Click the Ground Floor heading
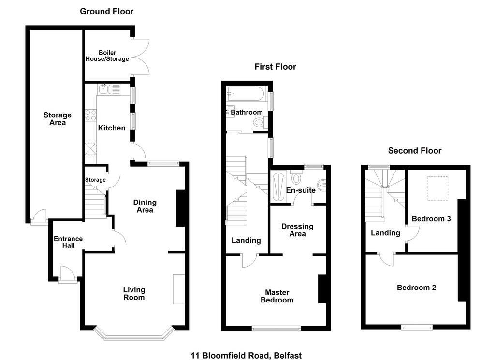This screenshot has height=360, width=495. (106, 12)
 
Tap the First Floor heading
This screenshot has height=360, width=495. (275, 67)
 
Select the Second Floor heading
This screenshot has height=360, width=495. (414, 150)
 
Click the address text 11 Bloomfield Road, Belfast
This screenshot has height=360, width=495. (246, 355)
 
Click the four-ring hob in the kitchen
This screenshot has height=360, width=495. (90, 115)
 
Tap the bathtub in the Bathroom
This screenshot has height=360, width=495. (246, 94)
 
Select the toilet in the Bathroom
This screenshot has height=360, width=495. (260, 122)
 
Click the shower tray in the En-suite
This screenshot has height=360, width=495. (279, 187)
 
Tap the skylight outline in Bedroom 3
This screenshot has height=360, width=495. (437, 188)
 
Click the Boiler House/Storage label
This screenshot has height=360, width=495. (107, 56)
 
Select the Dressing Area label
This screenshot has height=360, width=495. (297, 230)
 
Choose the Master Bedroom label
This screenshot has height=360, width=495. (277, 296)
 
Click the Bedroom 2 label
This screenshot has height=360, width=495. (416, 288)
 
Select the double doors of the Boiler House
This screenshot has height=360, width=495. (141, 57)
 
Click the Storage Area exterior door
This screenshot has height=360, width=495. (39, 217)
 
